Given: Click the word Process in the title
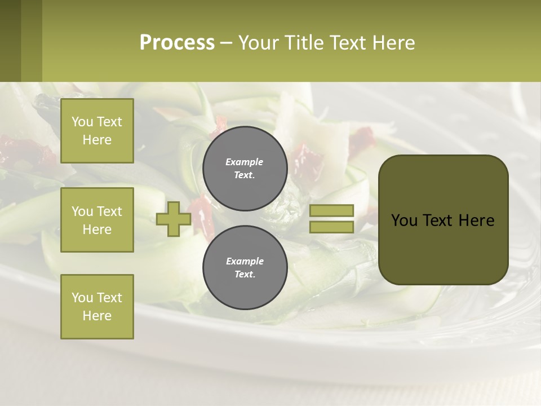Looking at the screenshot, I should (x=177, y=43).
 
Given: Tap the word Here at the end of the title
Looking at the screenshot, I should (x=394, y=43).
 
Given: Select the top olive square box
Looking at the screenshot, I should (x=97, y=131).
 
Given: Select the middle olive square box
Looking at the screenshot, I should (x=97, y=220).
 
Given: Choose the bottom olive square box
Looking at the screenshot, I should (x=97, y=307).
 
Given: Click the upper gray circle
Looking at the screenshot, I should (x=245, y=168).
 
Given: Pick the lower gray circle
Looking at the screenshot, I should (x=245, y=267).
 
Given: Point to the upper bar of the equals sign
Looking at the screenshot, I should (x=331, y=211).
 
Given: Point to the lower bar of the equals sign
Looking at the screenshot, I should (x=331, y=227).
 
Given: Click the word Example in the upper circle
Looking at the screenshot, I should (x=244, y=162).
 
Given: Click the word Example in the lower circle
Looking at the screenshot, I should (x=245, y=261).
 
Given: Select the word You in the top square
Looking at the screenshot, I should (x=82, y=122).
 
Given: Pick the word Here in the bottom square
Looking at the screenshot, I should (x=97, y=316).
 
